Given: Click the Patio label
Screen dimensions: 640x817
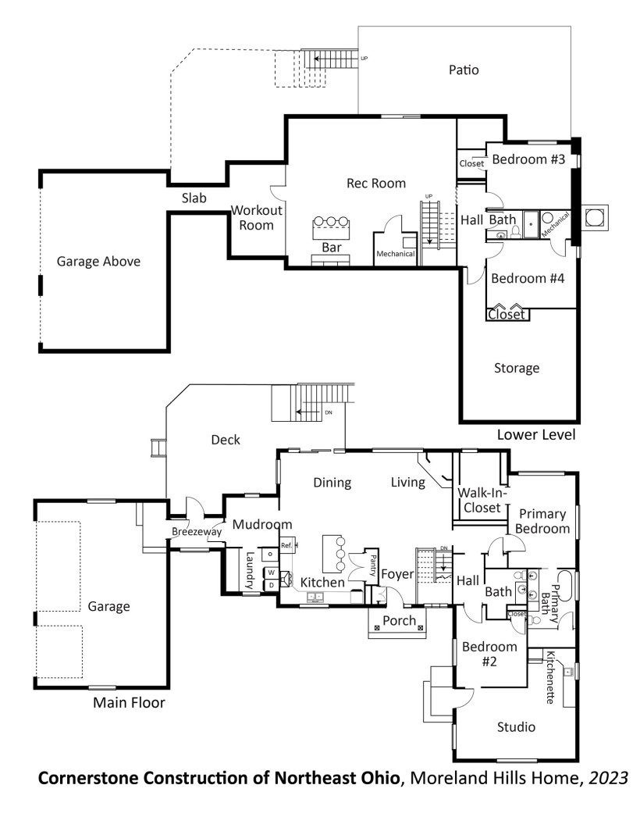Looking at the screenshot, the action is coord(464,70).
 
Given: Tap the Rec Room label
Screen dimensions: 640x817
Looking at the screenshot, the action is coord(376,184).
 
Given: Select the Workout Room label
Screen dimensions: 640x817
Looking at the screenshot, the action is coord(256,218).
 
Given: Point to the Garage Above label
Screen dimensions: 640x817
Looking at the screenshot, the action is coord(98,261).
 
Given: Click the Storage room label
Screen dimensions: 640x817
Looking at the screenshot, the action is coord(517,369).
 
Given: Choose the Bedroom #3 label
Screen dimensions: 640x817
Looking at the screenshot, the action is coord(528,159).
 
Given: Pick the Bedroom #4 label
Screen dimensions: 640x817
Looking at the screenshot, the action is coord(528,278).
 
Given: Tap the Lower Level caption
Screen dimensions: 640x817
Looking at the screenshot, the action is coord(536,434).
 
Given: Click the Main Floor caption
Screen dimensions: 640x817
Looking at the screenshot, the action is coord(129,702).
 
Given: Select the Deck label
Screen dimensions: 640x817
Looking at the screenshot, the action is coord(226,440).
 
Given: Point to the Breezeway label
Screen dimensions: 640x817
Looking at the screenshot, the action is coord(197,532).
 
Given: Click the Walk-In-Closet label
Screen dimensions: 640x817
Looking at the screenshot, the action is coord(482,500).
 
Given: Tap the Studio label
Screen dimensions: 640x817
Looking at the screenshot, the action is coord(516,727).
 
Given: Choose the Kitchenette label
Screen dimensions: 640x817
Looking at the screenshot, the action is coord(550,677).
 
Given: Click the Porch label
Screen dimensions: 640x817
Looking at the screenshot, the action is coord(400,621).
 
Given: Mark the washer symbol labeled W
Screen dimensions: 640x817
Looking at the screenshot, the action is coord(272,573).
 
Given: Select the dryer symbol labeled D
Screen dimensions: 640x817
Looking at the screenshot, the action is coord(272,585).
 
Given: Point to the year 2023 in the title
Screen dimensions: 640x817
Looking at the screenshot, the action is coord(608,778).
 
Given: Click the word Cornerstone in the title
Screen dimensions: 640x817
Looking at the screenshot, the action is coord(88,778).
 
